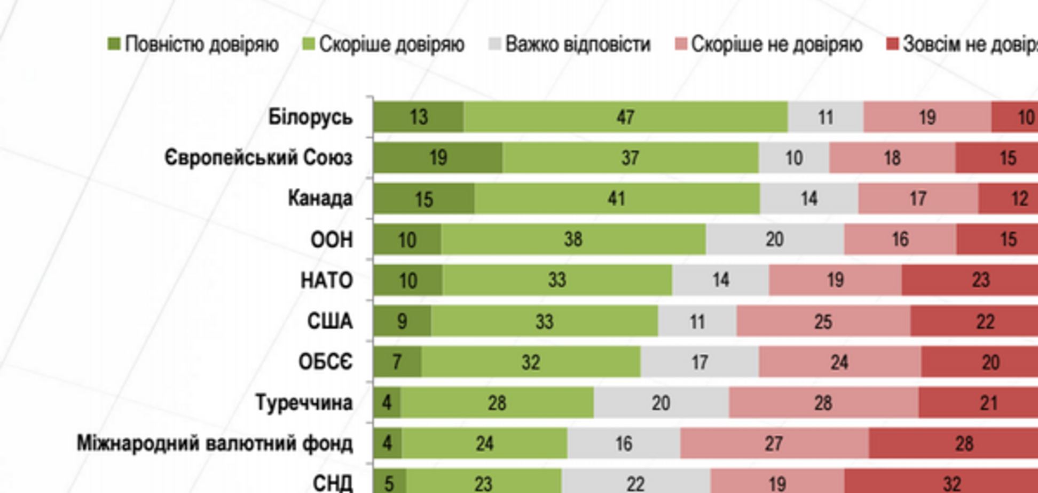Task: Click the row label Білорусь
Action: pyautogui.click(x=310, y=117)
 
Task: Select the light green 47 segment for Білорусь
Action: pyautogui.click(x=625, y=117)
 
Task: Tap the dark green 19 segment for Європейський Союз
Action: pyautogui.click(x=438, y=157)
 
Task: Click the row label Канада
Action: pyautogui.click(x=320, y=198)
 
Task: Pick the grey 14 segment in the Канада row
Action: pyautogui.click(x=809, y=198)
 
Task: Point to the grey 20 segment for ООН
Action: pyautogui.click(x=774, y=239)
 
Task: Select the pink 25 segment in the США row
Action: pyautogui.click(x=823, y=321)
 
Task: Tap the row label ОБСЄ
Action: pyautogui.click(x=325, y=362)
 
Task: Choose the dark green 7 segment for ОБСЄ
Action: pyautogui.click(x=397, y=362)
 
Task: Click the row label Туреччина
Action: pyautogui.click(x=304, y=402)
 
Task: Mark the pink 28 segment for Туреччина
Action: pyautogui.click(x=823, y=402)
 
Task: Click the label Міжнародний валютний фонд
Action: pyautogui.click(x=215, y=443)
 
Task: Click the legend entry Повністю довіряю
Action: pyautogui.click(x=201, y=44)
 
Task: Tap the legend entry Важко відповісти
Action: pyautogui.click(x=577, y=44)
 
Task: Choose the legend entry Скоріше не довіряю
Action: pyautogui.click(x=776, y=44)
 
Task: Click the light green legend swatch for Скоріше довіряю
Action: pyautogui.click(x=309, y=44)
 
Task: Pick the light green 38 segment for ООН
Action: pyautogui.click(x=573, y=239)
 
